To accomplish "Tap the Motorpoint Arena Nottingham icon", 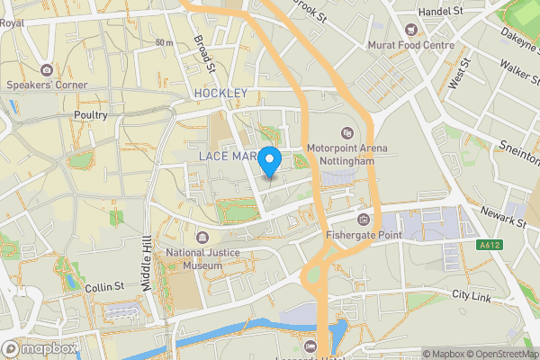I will point(347,134).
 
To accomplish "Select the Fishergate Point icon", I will point(364,220).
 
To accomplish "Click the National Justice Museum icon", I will point(200,238).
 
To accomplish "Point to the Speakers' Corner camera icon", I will point(46,69).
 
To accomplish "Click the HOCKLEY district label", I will point(220,93).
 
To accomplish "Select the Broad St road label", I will point(204,54).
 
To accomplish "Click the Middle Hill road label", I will point(146,261).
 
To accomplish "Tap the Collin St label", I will point(103,286).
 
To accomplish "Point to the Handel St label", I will point(444,11).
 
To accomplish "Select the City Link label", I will point(473,295).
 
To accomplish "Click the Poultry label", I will point(90,115).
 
